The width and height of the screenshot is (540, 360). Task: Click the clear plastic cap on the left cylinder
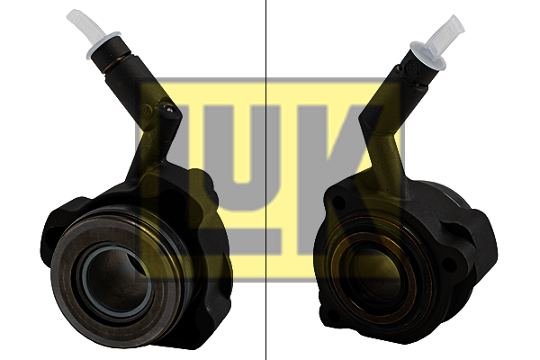click(x=90, y=31)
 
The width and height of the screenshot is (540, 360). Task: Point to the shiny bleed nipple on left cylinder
click(x=168, y=109)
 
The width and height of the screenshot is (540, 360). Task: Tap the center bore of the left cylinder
click(x=115, y=278)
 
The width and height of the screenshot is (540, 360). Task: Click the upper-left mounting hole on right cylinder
click(x=339, y=202)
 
